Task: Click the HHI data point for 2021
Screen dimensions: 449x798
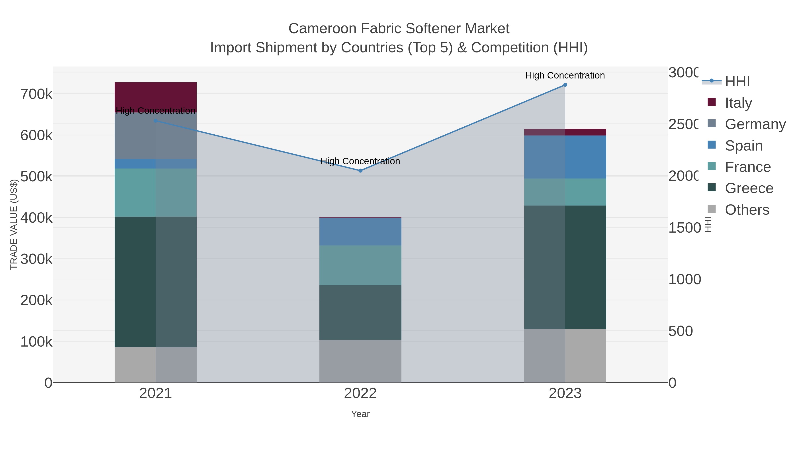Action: [x=156, y=121]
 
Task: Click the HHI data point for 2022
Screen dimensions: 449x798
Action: [x=360, y=171]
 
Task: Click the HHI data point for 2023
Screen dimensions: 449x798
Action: [x=565, y=85]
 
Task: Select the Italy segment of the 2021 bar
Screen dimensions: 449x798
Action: [x=156, y=97]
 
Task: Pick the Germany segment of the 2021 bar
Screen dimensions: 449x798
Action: [x=156, y=136]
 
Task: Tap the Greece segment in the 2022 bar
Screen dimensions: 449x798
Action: [x=360, y=312]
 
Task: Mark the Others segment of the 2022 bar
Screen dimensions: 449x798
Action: [x=360, y=361]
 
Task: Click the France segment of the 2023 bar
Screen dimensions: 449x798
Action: [x=565, y=192]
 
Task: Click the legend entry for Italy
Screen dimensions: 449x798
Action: [x=738, y=103]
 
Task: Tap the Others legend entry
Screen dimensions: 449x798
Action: [x=747, y=210]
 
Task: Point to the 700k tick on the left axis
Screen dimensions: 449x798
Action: [x=37, y=94]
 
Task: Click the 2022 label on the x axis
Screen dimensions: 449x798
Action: [x=360, y=393]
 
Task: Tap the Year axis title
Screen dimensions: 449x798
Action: [x=360, y=414]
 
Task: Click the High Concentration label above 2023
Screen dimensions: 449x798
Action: [x=565, y=75]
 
